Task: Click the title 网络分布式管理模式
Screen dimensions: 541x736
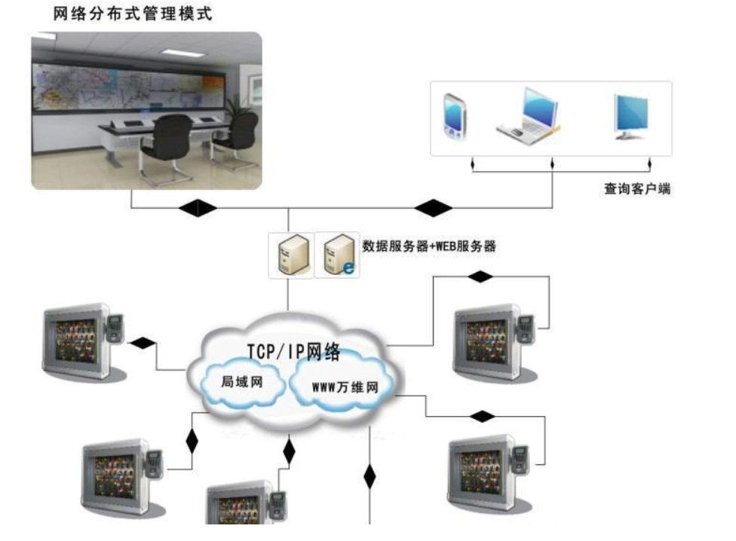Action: pyautogui.click(x=133, y=14)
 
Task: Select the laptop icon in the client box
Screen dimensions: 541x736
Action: pyautogui.click(x=529, y=114)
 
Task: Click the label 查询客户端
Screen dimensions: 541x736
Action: pyautogui.click(x=637, y=189)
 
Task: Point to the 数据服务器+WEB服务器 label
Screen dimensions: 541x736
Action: pyautogui.click(x=429, y=246)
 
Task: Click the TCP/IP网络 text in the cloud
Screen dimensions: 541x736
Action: pyautogui.click(x=294, y=351)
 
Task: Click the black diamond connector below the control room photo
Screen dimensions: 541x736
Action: pyautogui.click(x=198, y=207)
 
